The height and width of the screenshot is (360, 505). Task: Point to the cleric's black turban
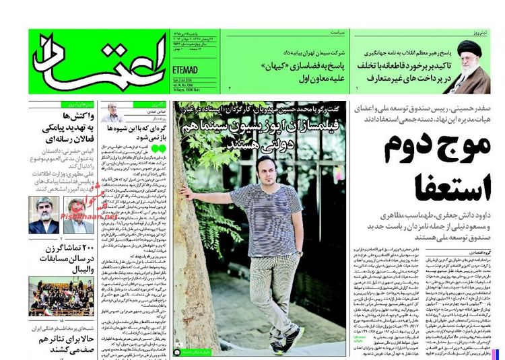pos(470,48)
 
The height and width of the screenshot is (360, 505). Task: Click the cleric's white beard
pos(470,70)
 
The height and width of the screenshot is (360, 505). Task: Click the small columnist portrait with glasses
pos(113,114)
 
